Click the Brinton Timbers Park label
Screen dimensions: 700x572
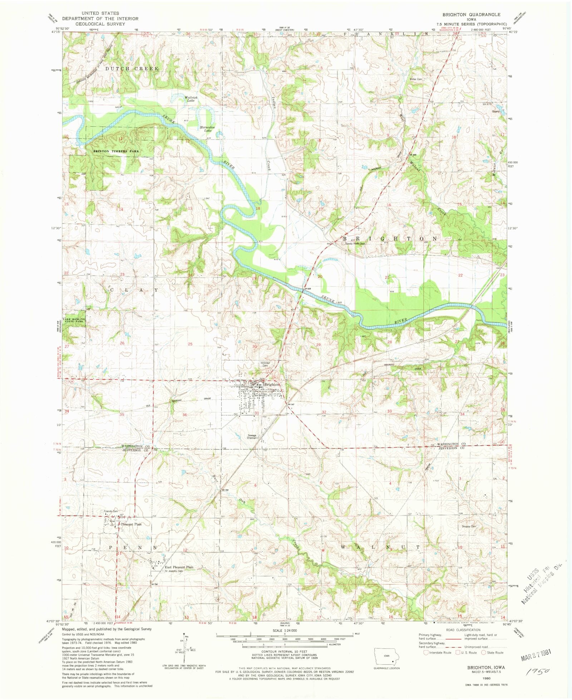pyautogui.click(x=116, y=151)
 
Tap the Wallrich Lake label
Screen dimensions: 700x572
pyautogui.click(x=191, y=99)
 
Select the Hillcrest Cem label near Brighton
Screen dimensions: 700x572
pyautogui.click(x=265, y=364)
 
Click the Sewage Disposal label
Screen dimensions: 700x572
pyautogui.click(x=252, y=437)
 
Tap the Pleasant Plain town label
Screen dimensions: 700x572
pyautogui.click(x=131, y=524)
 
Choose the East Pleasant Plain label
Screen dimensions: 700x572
pyautogui.click(x=179, y=567)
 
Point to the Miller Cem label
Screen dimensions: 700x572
pyautogui.click(x=416, y=79)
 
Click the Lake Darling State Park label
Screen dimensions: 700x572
pyautogui.click(x=74, y=320)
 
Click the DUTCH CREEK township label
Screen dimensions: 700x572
pyautogui.click(x=132, y=68)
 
